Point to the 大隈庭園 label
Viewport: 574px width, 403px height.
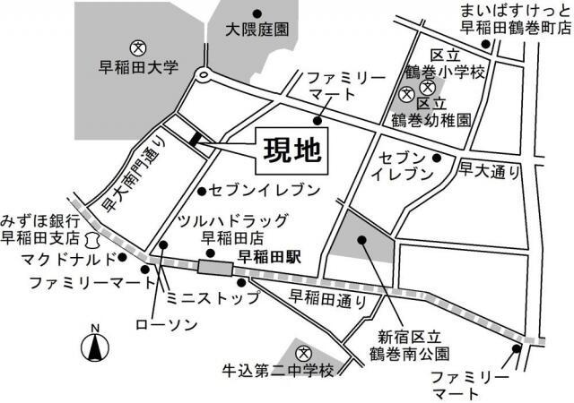tap(257, 30)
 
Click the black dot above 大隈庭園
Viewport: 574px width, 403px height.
tap(257, 13)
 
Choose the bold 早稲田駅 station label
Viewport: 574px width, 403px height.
tap(269, 255)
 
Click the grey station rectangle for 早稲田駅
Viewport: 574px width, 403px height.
tap(214, 266)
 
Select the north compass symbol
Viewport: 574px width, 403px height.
tap(94, 346)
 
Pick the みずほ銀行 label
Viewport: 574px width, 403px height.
tap(41, 220)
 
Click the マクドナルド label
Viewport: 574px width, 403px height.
tap(67, 260)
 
